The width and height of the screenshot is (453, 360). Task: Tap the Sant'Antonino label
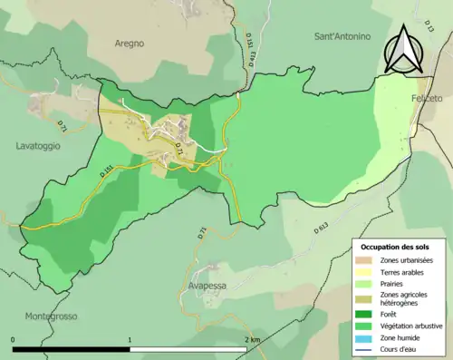(342, 37)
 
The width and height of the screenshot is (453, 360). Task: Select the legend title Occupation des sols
(395, 247)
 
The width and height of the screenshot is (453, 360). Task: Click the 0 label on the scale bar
(14, 340)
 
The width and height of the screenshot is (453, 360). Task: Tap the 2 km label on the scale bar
(253, 340)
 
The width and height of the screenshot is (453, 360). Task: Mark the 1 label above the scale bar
(131, 340)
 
